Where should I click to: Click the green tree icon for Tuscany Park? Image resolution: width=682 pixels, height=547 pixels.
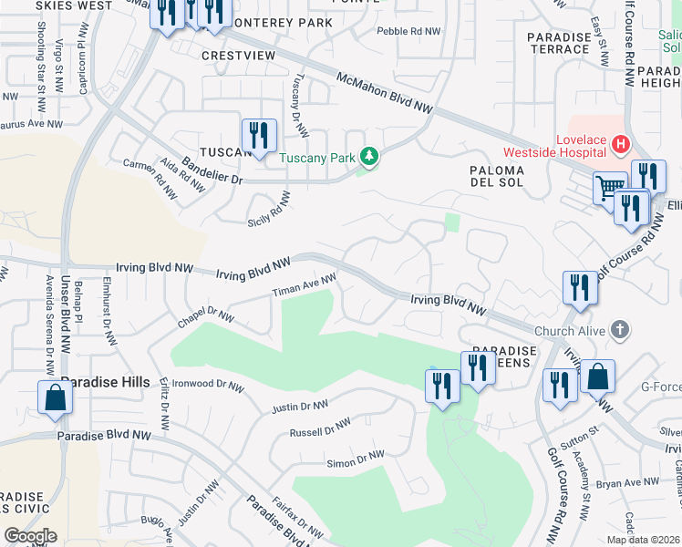coord(369,158)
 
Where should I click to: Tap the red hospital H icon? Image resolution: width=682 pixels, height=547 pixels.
coord(621,144)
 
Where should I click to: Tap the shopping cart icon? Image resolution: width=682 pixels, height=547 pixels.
coord(611,190)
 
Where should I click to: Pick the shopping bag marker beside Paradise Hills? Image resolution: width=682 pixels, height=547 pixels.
coord(55,398)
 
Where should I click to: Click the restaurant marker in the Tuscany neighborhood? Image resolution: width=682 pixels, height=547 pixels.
coord(259,137)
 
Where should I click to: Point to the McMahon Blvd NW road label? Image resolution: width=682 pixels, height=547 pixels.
coord(383,93)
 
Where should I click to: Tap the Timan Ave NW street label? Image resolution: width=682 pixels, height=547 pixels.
coord(305,285)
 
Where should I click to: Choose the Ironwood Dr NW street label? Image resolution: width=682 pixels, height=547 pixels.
coord(208,386)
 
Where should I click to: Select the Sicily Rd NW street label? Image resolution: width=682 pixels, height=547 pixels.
coord(268,210)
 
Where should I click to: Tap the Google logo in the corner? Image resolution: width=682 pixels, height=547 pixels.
coord(29,535)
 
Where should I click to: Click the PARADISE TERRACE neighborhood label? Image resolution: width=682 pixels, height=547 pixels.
coord(559,43)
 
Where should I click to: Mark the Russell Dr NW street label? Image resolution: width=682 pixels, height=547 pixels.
coord(320,428)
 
